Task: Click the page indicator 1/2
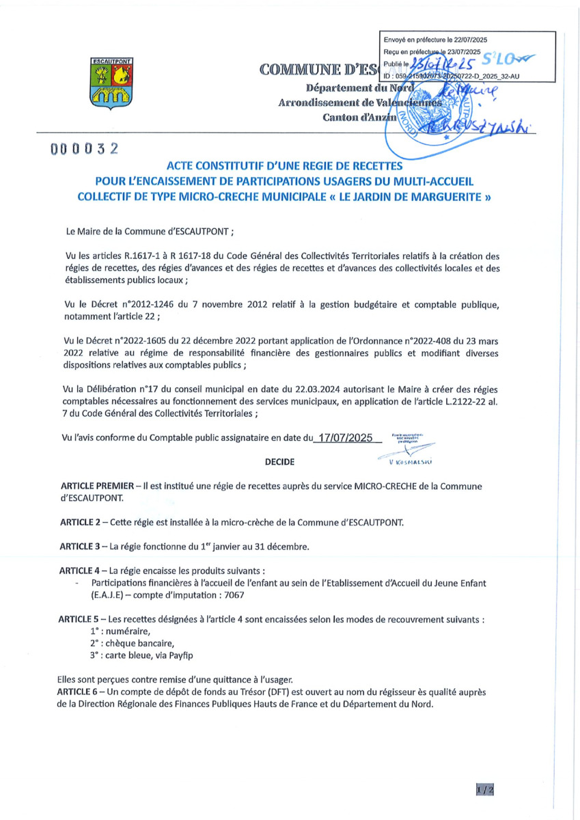[x=484, y=790]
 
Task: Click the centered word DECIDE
[x=279, y=463]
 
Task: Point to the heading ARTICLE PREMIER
[x=96, y=486]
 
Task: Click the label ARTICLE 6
[x=79, y=693]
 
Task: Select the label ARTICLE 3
[x=79, y=546]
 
